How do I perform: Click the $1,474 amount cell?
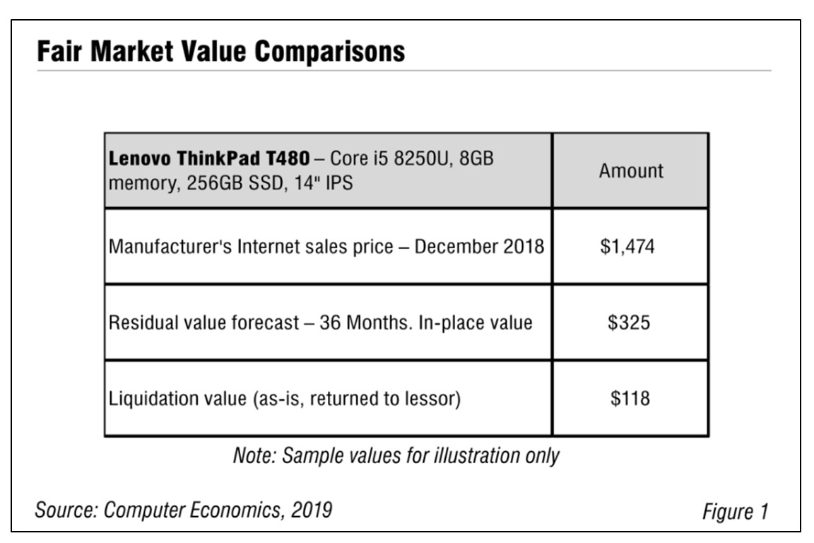(x=630, y=247)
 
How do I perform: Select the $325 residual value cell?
(x=630, y=322)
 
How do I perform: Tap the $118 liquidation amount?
(x=630, y=398)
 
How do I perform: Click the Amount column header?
(x=631, y=171)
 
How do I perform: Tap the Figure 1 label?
(x=734, y=511)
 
